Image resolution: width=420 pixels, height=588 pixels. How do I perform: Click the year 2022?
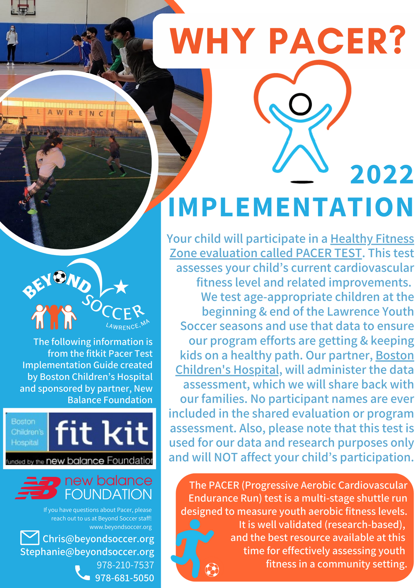point(382,174)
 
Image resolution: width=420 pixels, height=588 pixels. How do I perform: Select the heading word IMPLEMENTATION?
point(291,207)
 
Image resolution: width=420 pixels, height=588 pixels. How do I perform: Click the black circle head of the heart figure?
point(300,104)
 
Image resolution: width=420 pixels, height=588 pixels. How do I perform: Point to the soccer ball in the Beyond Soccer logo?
point(60,277)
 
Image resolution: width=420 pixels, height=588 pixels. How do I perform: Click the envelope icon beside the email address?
point(30,538)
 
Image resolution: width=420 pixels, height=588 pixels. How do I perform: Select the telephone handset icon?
point(82,573)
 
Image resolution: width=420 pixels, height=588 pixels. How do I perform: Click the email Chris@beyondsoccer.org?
point(99,539)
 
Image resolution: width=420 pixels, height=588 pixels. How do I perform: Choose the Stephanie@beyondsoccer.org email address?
point(87,552)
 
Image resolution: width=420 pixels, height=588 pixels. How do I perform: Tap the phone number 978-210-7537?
point(125,565)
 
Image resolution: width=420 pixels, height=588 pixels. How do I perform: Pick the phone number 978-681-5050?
point(124,578)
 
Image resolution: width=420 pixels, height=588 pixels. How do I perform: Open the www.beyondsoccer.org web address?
point(121,527)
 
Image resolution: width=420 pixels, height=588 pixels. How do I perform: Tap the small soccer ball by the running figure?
point(212,570)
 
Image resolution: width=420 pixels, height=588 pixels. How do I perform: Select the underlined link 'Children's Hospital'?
point(227,370)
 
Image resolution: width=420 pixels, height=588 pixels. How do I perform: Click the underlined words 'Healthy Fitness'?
point(372,239)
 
